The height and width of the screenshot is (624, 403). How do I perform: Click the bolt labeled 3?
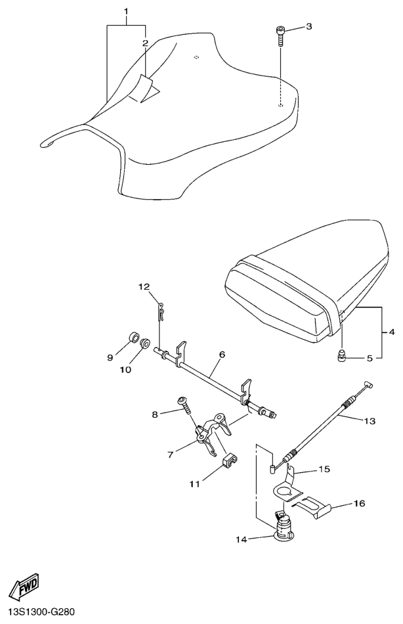tap(280, 36)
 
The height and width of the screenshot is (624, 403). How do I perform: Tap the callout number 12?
tap(144, 286)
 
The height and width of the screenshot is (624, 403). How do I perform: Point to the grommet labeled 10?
tap(144, 342)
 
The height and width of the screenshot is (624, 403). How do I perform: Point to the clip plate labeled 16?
tap(314, 508)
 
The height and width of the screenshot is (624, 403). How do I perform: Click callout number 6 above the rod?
tap(222, 354)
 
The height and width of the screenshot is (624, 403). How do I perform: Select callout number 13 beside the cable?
tap(370, 420)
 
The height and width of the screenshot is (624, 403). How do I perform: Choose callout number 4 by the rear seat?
tap(391, 332)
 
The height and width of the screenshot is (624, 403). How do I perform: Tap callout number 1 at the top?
tap(127, 11)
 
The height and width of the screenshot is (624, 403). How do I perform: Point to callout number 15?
tap(324, 469)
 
